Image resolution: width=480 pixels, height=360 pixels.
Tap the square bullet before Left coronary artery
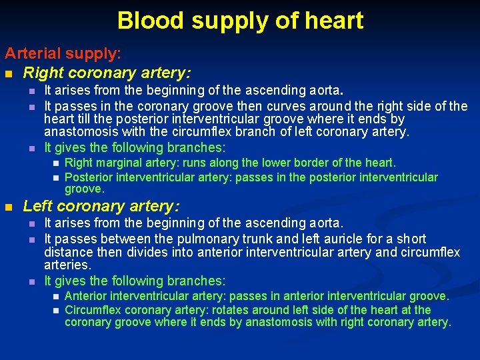coord(9,207)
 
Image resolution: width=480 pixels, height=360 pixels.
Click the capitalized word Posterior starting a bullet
coord(89,177)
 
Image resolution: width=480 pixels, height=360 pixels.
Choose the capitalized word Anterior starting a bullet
coord(86,296)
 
